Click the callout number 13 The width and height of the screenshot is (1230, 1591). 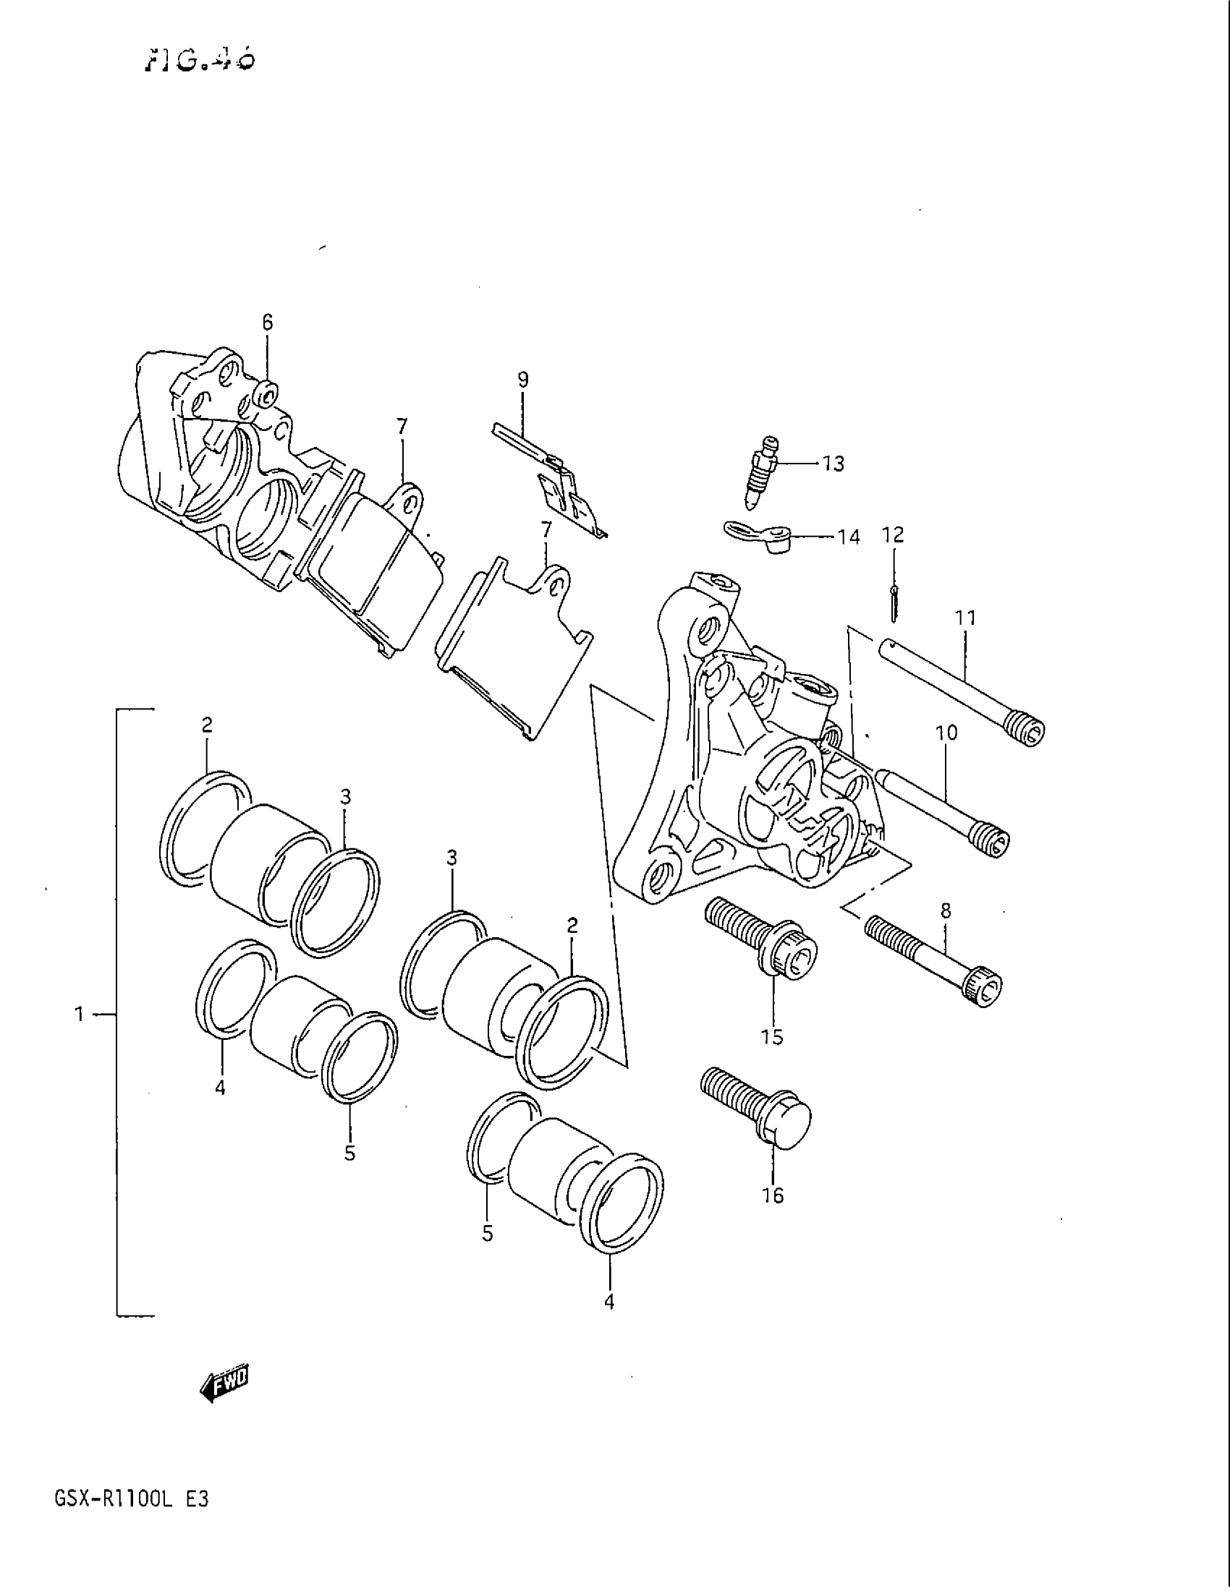[x=833, y=464]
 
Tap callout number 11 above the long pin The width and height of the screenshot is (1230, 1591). [x=964, y=618]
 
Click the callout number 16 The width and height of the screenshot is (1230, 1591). [x=773, y=1195]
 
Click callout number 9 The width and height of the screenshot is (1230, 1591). [x=523, y=380]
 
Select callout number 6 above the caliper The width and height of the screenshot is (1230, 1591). [x=268, y=322]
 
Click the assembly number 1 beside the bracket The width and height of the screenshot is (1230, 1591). [x=80, y=1014]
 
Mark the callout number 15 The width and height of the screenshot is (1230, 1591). [x=772, y=1036]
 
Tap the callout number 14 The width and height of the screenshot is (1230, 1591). [x=848, y=537]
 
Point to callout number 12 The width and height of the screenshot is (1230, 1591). [x=893, y=534]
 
